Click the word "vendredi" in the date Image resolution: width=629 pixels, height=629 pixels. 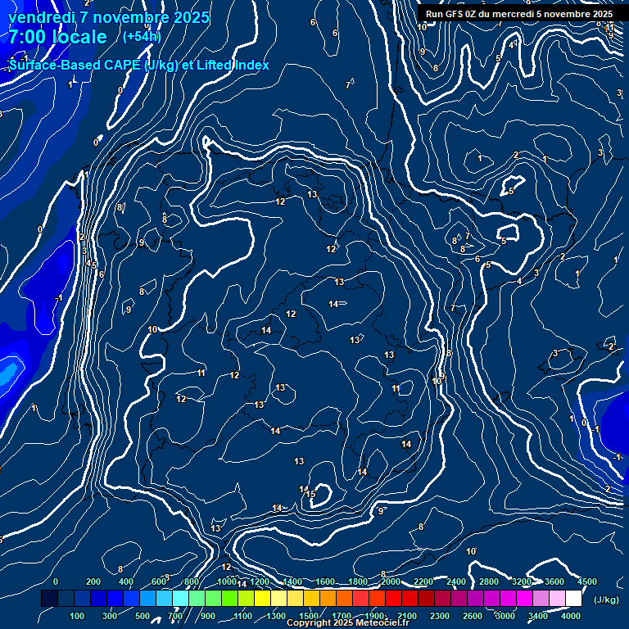tap(41, 17)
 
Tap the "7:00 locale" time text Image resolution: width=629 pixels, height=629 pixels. tap(58, 37)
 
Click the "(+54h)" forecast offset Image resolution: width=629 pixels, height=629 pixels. tap(142, 36)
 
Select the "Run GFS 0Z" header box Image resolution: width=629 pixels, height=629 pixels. tap(519, 14)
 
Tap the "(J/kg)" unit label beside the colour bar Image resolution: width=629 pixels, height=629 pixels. tap(605, 600)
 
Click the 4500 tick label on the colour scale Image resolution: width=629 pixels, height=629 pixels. tap(586, 581)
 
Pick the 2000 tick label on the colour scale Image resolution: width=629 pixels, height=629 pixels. tap(390, 581)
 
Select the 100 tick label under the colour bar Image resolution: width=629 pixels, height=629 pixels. tap(77, 616)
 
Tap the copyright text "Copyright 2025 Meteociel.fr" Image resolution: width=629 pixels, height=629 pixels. tap(347, 623)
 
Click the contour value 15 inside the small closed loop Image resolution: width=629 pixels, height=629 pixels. tap(310, 494)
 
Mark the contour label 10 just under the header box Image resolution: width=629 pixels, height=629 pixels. tap(422, 27)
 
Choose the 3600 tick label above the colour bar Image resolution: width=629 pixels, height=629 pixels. tap(554, 581)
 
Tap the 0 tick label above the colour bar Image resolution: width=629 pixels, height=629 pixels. tap(56, 581)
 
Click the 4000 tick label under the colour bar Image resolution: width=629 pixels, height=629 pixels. tap(571, 616)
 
